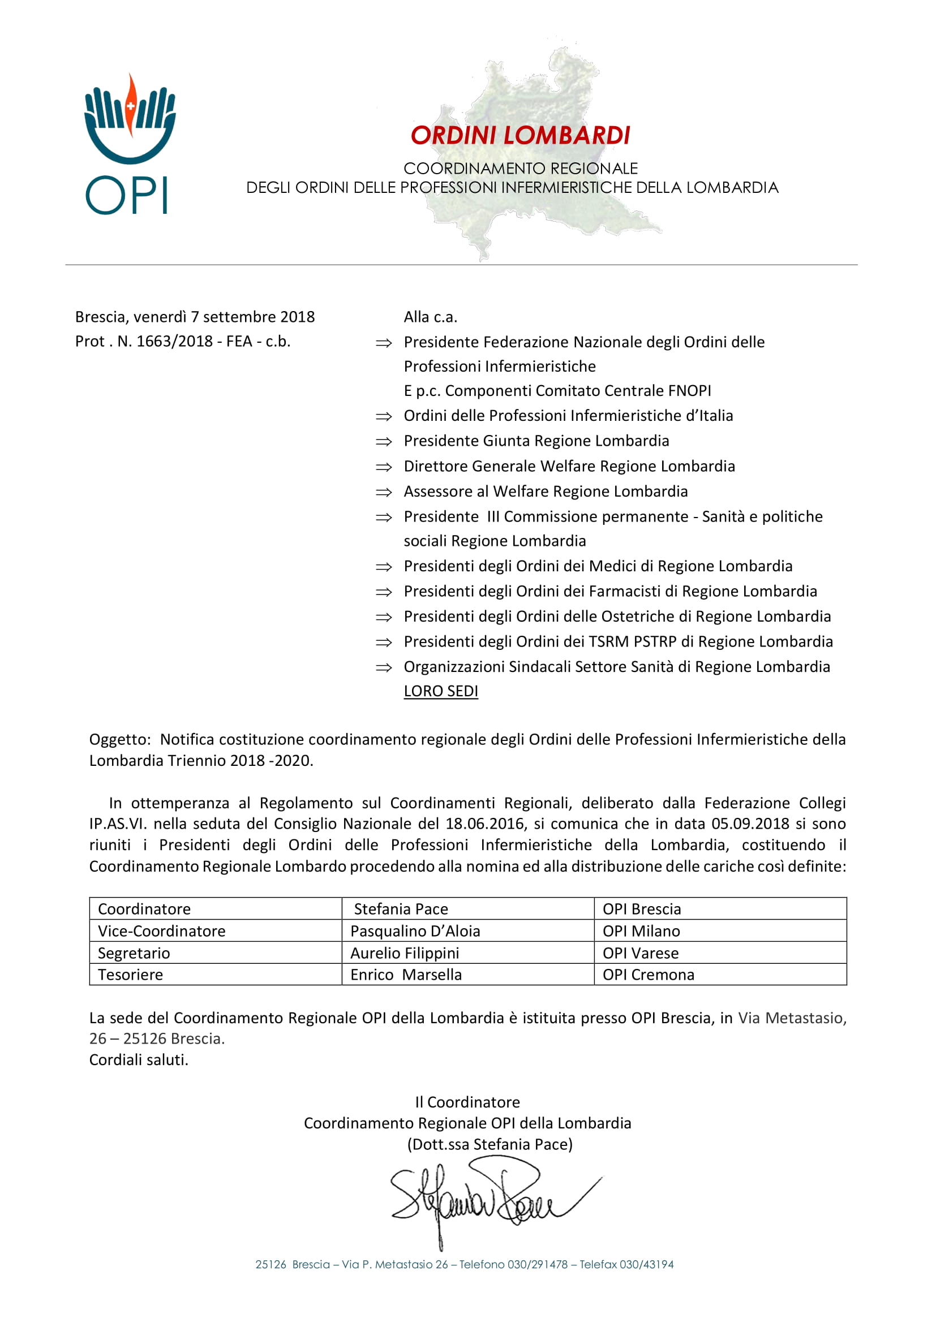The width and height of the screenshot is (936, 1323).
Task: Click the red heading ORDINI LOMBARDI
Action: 520,136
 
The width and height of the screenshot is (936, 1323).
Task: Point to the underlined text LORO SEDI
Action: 441,691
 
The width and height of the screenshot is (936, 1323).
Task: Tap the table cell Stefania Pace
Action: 401,909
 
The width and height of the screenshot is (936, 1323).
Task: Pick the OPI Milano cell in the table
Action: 641,930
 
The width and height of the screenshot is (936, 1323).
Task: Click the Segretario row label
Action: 134,953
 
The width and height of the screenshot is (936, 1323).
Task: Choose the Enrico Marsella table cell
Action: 406,975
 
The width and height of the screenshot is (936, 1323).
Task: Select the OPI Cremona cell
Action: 649,975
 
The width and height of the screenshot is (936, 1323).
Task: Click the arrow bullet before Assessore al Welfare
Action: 384,492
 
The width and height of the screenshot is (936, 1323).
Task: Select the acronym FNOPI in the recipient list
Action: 689,391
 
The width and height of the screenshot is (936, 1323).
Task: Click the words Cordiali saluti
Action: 138,1059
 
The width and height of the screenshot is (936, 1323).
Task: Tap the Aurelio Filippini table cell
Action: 405,953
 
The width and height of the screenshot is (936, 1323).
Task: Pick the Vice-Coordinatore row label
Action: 161,930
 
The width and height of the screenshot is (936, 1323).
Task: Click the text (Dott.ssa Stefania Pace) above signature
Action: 490,1144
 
